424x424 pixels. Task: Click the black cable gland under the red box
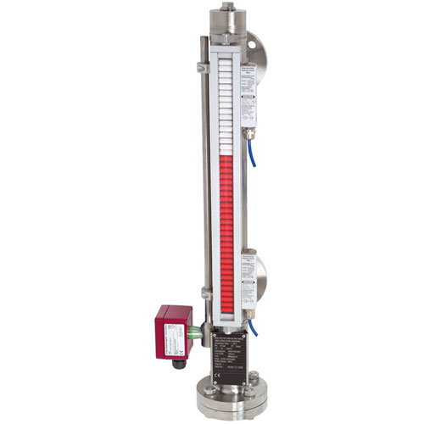(x=181, y=350)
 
